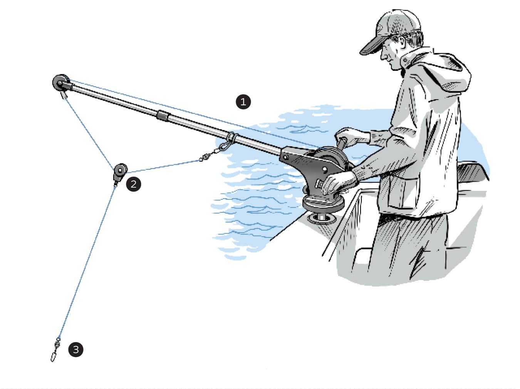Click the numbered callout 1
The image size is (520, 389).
pyautogui.click(x=243, y=102)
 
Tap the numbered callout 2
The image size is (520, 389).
pyautogui.click(x=133, y=184)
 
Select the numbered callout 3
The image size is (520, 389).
pyautogui.click(x=75, y=349)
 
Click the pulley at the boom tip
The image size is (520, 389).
pyautogui.click(x=59, y=82)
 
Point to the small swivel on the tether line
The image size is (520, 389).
pyautogui.click(x=206, y=157)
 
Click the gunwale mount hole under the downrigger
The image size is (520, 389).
pyautogui.click(x=319, y=219)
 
